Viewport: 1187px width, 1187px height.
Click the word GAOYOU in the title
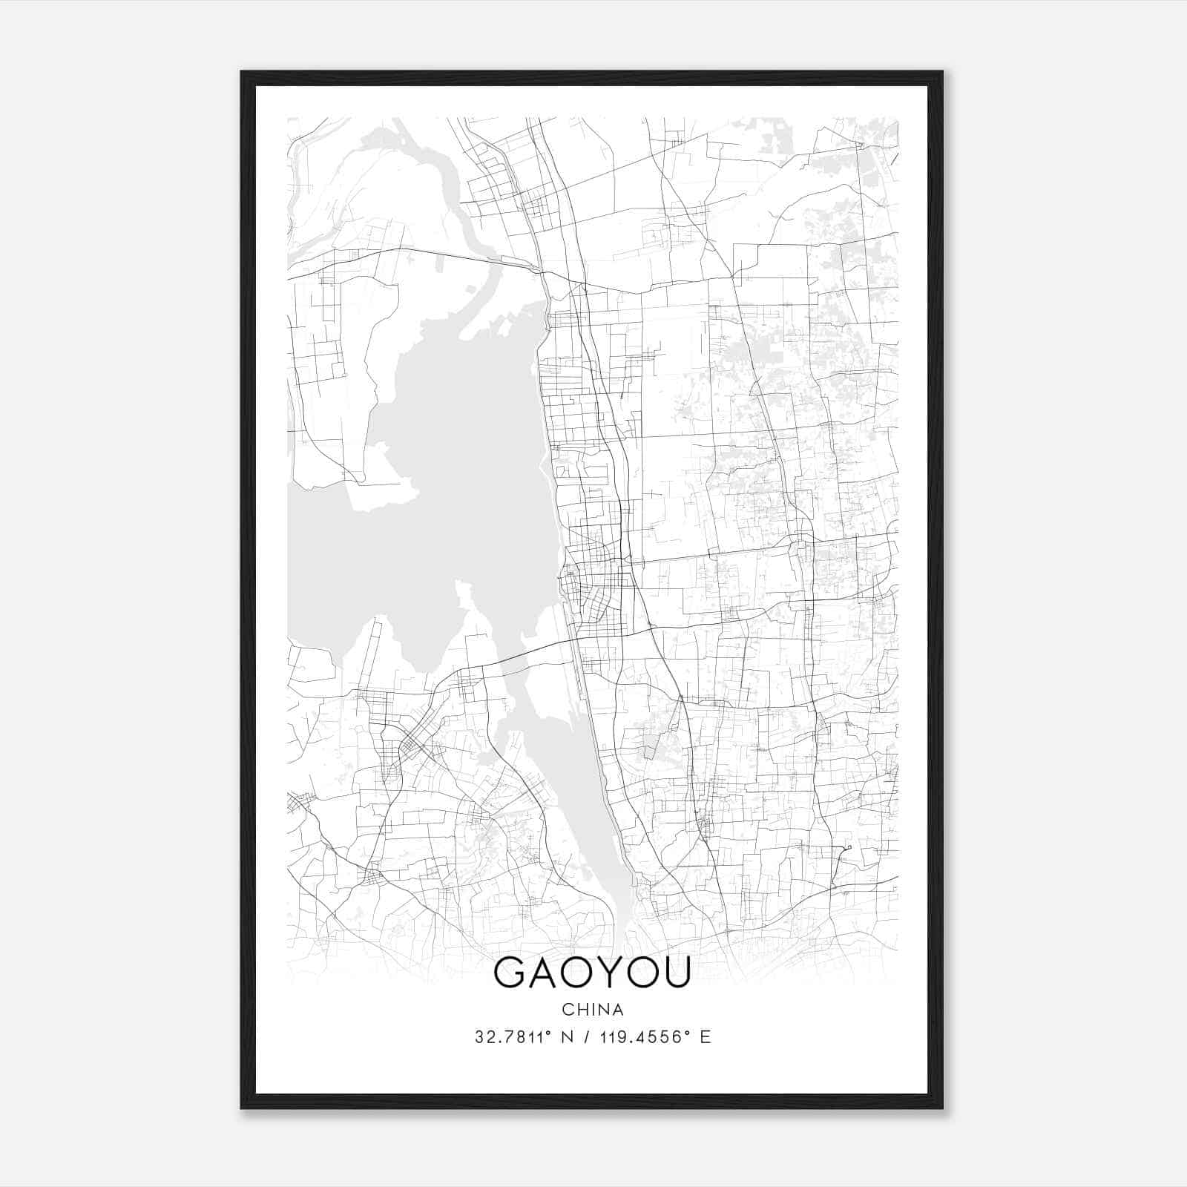click(x=592, y=973)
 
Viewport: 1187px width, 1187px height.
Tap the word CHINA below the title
click(x=592, y=1010)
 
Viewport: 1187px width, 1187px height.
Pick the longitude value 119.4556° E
click(x=654, y=1037)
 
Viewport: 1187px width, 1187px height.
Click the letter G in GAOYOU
click(x=510, y=973)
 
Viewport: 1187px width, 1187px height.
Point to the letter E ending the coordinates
click(x=706, y=1037)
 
